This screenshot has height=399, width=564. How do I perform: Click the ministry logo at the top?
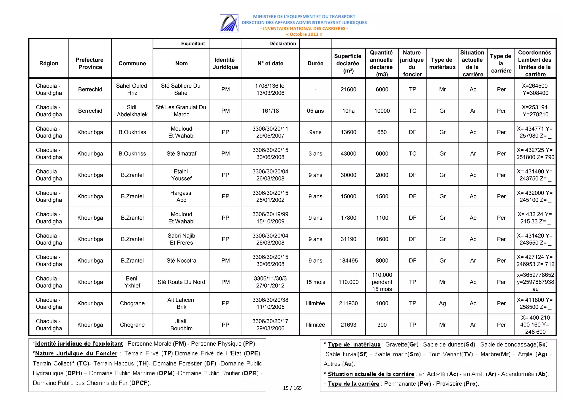[229, 23]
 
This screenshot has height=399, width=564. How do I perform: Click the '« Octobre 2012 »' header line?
[304, 34]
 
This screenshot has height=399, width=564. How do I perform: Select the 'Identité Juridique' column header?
[225, 63]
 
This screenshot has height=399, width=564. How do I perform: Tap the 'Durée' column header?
[315, 63]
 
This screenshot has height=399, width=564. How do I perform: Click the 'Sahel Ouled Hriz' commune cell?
[132, 89]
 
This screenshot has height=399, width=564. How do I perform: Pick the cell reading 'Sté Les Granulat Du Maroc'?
[181, 111]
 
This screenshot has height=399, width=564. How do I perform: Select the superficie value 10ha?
[348, 111]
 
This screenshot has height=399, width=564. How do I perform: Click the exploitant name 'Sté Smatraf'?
[181, 153]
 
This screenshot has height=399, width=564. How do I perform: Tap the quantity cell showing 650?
[382, 132]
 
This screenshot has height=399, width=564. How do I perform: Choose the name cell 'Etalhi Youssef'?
[181, 175]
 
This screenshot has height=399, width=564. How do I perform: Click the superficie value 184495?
[348, 261]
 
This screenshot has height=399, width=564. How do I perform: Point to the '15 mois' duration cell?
[315, 282]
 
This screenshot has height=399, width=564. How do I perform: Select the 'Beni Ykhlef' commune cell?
[132, 282]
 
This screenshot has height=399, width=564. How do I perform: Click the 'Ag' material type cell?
[442, 303]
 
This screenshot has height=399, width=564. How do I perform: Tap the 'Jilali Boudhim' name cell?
[181, 325]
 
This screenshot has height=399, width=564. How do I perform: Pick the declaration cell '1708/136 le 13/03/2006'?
[270, 89]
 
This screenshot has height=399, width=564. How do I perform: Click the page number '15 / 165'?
[292, 388]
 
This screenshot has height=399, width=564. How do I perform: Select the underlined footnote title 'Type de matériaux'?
[354, 345]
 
